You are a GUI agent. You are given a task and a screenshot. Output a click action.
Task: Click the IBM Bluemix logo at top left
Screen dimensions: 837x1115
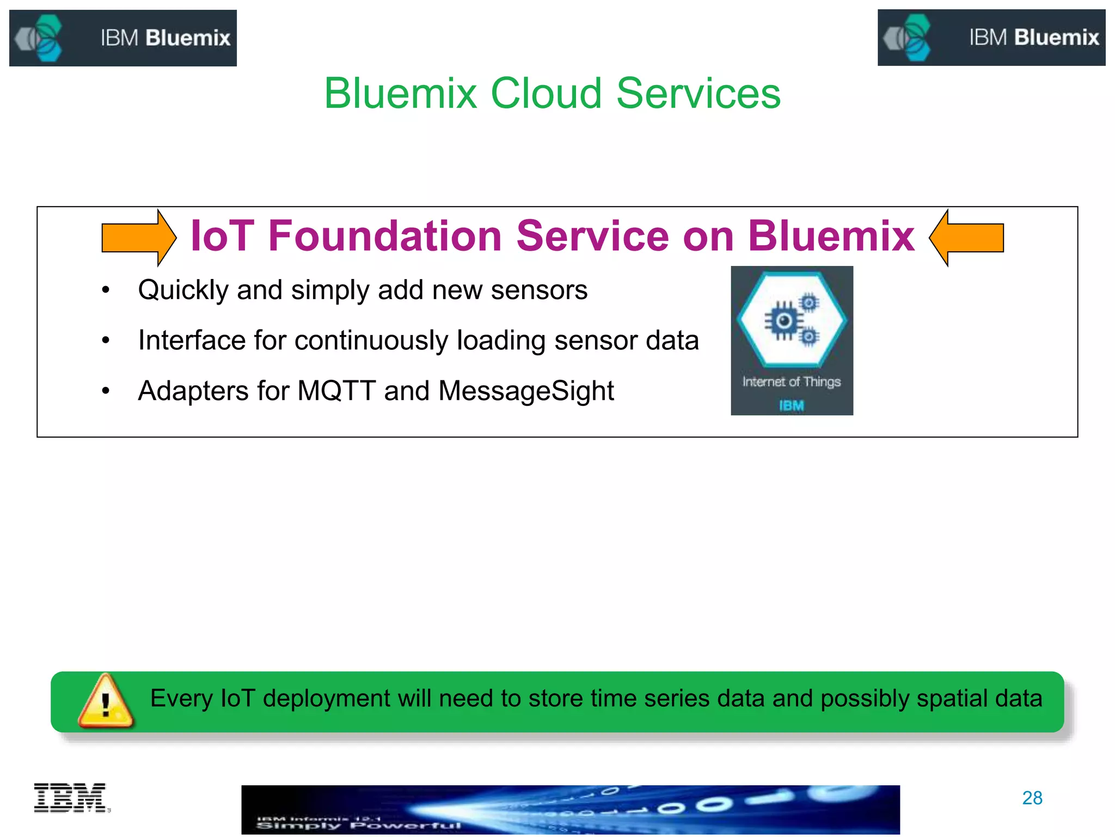[x=123, y=38]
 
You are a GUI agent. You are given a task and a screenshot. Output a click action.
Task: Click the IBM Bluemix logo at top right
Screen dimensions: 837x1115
[x=991, y=38]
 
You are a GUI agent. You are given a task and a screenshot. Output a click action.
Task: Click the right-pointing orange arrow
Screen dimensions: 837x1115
[x=139, y=238]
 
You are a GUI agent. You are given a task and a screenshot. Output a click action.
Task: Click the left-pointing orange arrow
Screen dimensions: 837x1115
[x=966, y=238]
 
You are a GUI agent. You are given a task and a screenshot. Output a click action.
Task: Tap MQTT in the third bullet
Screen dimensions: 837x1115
[x=336, y=391]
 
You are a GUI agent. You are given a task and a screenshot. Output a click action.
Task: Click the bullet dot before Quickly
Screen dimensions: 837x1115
[x=106, y=290]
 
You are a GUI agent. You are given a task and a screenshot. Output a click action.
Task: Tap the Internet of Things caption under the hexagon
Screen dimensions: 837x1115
[x=792, y=381]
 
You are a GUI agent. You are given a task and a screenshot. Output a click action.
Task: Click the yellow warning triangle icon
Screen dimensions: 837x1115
[x=106, y=702]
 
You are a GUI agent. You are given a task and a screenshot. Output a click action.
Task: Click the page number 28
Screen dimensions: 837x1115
[x=1032, y=798]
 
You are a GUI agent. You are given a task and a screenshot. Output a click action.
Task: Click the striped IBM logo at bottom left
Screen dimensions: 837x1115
[x=71, y=798]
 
